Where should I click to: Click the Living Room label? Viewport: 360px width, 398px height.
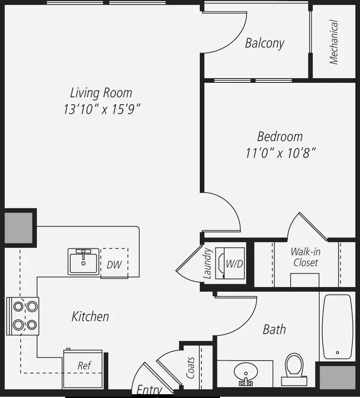pos(101,92)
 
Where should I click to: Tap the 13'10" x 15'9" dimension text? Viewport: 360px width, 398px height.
pos(102,109)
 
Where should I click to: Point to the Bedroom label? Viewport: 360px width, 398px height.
pos(280,137)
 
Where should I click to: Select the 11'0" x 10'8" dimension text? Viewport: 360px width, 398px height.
pos(281,153)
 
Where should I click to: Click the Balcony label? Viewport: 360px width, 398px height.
pos(265,43)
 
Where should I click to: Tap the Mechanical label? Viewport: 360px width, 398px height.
pos(334,42)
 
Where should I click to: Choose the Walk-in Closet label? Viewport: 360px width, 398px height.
pos(305,257)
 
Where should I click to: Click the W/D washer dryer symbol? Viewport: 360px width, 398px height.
pos(230,263)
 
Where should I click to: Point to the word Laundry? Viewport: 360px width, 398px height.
pos(207,263)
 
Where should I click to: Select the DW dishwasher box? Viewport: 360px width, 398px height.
pos(114,263)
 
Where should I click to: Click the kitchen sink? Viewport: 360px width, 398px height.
pos(83,261)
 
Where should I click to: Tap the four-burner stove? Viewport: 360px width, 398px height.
pos(23,316)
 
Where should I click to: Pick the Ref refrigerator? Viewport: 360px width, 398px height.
pos(82,369)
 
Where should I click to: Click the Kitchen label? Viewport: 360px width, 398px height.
pos(90,316)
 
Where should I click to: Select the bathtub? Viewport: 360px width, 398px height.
pos(337,327)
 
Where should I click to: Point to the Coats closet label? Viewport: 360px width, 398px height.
pos(191,368)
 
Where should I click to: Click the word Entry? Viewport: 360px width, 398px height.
pos(149,390)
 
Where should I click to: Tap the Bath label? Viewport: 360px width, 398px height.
pos(274,329)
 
